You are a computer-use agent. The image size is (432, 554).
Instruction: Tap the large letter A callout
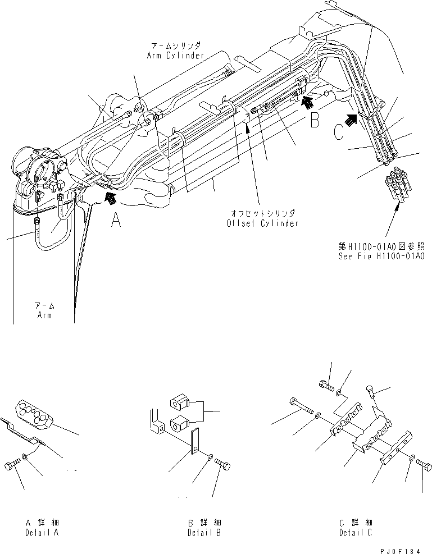coord(116,221)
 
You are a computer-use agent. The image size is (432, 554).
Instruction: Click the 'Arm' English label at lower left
coord(44,315)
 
